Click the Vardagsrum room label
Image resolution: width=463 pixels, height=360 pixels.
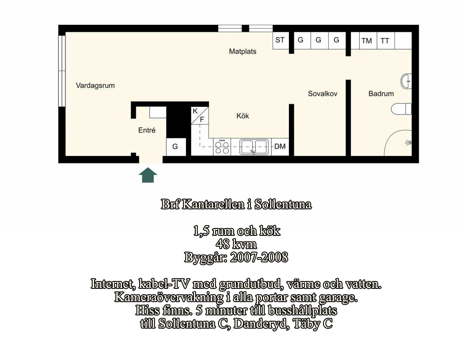tap(95, 86)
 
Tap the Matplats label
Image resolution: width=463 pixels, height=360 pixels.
tap(243, 51)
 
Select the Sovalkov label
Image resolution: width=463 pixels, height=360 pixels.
tap(323, 94)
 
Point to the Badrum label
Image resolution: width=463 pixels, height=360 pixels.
tap(381, 94)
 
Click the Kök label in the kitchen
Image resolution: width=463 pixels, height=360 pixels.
tap(243, 116)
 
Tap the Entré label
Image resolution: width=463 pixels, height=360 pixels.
tap(147, 130)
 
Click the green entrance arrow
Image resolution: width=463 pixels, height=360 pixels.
tap(148, 175)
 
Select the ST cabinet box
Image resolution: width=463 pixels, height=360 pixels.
tap(281, 41)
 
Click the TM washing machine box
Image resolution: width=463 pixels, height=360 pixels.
tap(367, 41)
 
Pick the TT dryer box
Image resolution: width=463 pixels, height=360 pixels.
tap(385, 41)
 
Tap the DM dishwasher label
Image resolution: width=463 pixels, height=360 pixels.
tap(280, 146)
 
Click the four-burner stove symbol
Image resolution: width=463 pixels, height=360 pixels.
tap(222, 147)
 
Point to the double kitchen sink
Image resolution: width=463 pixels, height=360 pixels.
tap(254, 147)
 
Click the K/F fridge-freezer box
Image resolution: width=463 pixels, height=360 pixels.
tap(200, 115)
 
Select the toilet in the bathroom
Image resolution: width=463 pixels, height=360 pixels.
tap(401, 109)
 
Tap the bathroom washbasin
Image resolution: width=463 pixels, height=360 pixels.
tap(406, 81)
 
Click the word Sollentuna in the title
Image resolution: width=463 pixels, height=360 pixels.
tap(283, 205)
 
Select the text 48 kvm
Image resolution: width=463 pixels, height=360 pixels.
tap(236, 244)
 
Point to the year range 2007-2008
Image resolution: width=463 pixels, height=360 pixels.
tap(259, 257)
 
